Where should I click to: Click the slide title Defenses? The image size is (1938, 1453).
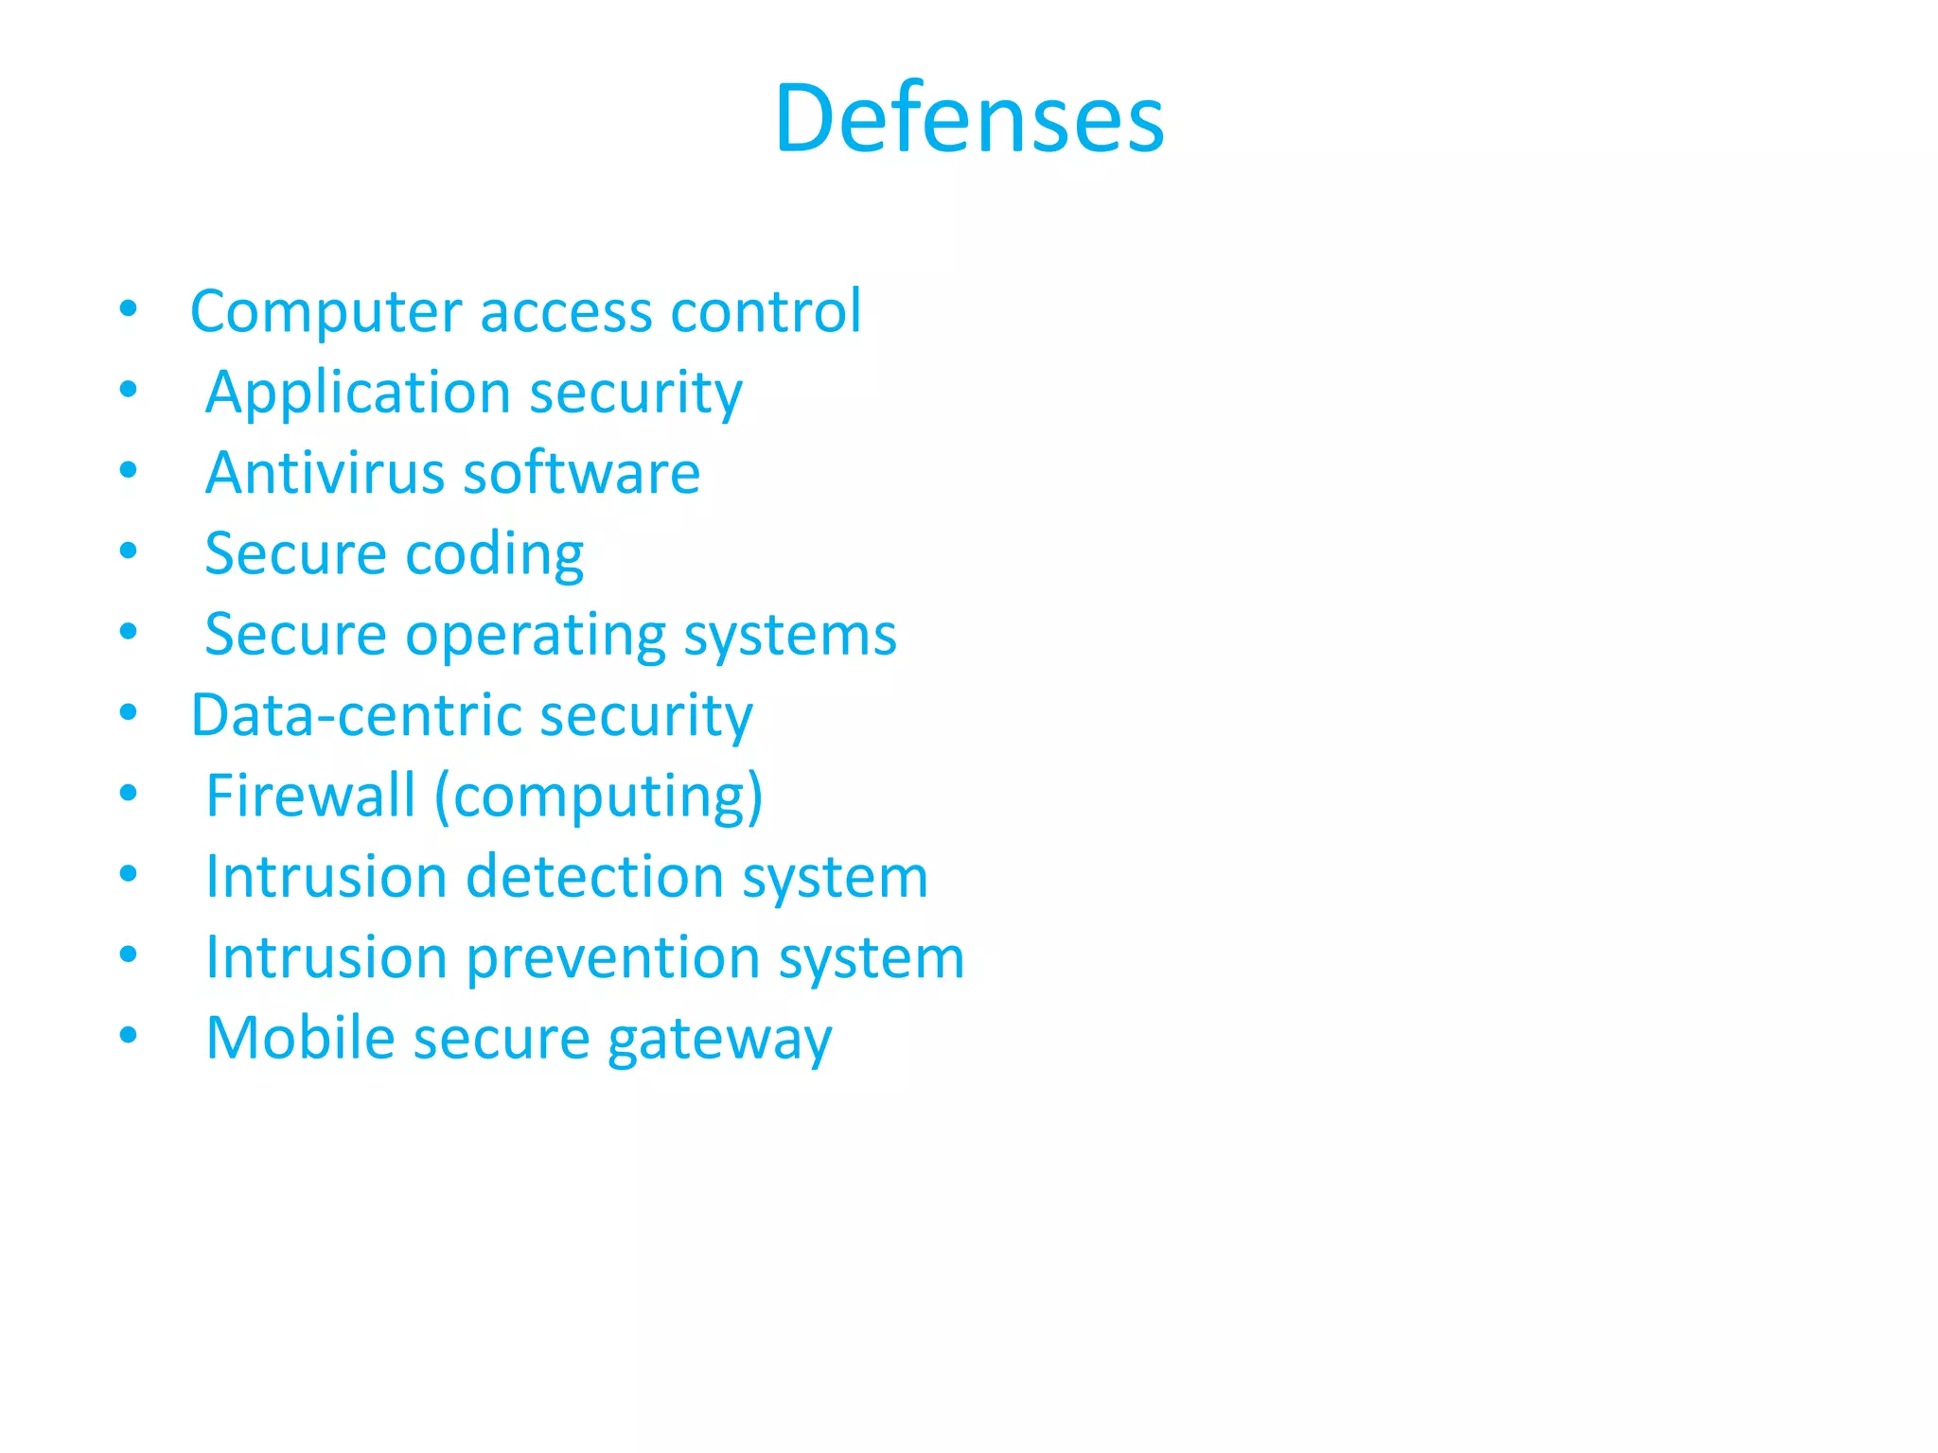969,118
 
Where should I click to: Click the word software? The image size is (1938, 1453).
581,473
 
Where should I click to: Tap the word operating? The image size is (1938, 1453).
536,636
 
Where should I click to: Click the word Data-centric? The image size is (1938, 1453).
356,716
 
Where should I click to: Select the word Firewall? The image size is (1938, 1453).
310,797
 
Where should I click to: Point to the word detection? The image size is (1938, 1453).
594,877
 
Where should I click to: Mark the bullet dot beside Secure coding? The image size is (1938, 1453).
129,551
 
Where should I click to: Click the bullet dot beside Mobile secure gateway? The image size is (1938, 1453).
129,1035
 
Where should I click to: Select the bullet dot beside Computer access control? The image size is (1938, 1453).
129,308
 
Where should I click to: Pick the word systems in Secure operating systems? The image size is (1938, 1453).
790,636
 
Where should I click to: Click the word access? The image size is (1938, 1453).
566,312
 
